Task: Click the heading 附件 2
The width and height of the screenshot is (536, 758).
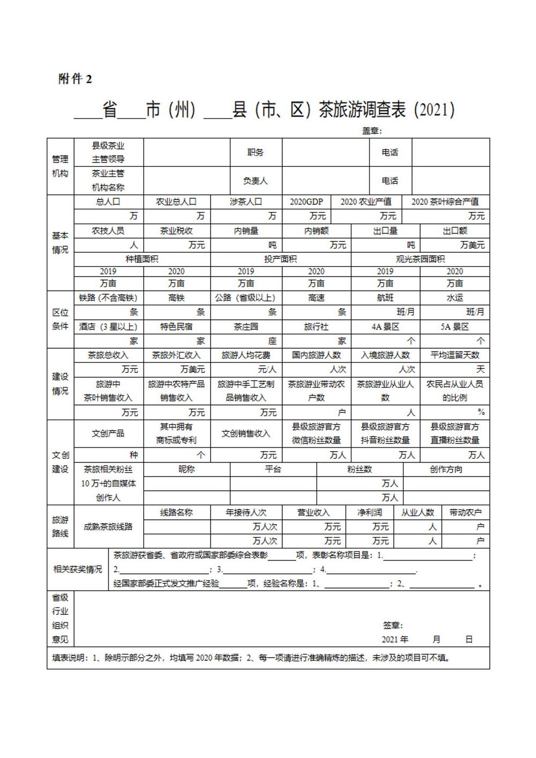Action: (x=75, y=79)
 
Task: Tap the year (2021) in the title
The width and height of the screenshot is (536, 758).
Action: (x=435, y=110)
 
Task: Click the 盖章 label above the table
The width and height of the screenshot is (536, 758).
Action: (x=371, y=130)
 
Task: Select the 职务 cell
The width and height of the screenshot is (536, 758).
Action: (x=255, y=152)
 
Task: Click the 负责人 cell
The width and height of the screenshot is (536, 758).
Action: (x=255, y=181)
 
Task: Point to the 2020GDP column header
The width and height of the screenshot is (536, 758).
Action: (x=306, y=202)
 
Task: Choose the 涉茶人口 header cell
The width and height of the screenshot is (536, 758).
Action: (x=246, y=202)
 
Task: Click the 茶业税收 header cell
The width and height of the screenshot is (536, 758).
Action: (x=177, y=231)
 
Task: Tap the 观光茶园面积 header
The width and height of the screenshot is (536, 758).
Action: (x=420, y=259)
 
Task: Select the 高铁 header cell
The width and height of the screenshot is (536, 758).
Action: (x=177, y=298)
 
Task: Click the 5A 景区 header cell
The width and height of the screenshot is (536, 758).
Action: (x=454, y=327)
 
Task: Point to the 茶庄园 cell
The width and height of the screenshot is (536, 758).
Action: (x=246, y=327)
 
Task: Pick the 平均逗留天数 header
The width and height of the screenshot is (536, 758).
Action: (x=454, y=355)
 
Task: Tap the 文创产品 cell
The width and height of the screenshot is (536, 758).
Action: (x=108, y=433)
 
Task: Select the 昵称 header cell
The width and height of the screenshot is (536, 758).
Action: (x=187, y=469)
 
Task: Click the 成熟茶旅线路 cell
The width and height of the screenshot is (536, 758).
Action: (x=108, y=527)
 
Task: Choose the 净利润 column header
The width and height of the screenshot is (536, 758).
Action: (x=370, y=512)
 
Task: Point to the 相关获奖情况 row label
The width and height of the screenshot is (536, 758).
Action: (x=78, y=569)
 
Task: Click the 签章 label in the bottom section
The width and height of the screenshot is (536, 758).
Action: (x=393, y=625)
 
